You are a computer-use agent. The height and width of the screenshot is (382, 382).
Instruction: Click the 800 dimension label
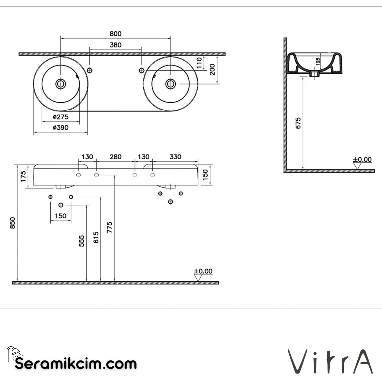click(115, 34)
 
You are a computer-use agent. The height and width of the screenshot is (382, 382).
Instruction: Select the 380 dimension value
click(115, 45)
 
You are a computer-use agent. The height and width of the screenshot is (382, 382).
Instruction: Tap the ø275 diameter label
click(60, 117)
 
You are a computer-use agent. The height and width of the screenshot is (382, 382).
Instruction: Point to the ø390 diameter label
click(60, 128)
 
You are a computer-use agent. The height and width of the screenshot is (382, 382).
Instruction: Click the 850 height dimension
click(13, 223)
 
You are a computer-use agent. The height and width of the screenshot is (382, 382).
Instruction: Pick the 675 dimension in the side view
click(298, 123)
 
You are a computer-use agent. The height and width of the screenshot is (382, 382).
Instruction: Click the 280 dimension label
click(115, 157)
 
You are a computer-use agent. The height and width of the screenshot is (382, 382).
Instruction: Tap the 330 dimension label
click(175, 157)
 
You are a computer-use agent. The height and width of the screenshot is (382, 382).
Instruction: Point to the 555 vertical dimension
click(82, 241)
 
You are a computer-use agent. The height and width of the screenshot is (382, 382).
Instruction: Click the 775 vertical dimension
click(110, 227)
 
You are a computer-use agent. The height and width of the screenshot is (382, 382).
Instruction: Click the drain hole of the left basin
click(61, 83)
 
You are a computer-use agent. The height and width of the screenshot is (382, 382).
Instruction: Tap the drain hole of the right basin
click(171, 83)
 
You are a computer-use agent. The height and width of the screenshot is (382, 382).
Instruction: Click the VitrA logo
click(331, 361)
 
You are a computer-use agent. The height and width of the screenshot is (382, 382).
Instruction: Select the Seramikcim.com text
click(76, 364)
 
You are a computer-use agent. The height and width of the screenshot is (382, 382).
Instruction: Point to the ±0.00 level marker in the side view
click(362, 160)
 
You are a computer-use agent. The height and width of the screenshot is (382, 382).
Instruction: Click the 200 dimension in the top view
click(212, 70)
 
